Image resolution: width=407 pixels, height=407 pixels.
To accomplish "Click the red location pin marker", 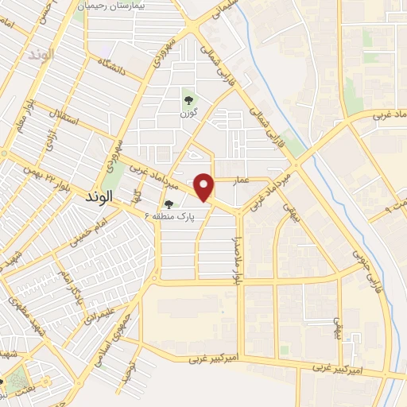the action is [205, 187].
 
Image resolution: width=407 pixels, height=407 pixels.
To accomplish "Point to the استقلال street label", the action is [64, 122].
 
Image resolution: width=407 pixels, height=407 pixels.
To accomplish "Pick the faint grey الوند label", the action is [37, 56].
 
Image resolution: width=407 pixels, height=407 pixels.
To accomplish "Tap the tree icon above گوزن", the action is [188, 99].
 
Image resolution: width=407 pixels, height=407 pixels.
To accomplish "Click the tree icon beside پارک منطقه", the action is [169, 203].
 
